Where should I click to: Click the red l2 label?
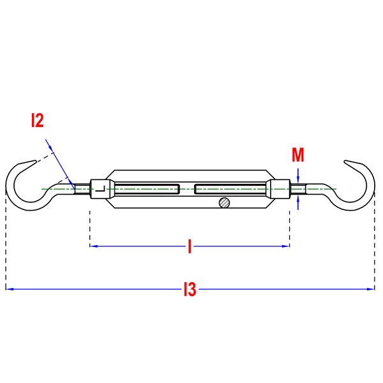pos(38,120)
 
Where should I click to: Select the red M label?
pos(297,154)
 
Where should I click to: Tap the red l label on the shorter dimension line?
pos(189,246)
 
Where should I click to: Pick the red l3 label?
pos(190,289)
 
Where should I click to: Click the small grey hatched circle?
pos(224,203)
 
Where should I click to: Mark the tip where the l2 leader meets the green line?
pos(74,189)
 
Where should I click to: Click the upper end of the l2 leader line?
pos(45,139)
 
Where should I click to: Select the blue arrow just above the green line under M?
pos(298,176)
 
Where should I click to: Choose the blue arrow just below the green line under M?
pos(298,202)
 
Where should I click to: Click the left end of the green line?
pos(41,189)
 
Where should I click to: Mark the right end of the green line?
pos(336,189)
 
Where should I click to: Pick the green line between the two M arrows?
pos(298,189)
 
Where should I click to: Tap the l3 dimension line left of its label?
pos(96,289)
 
